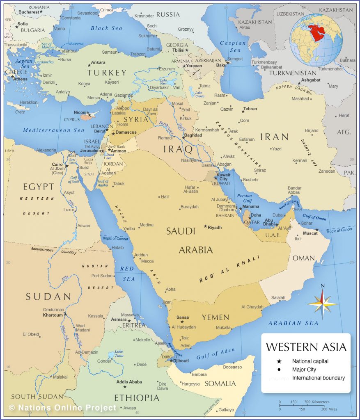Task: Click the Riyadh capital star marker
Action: (x=206, y=226)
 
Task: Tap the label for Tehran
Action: (x=250, y=109)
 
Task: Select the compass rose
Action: (x=322, y=304)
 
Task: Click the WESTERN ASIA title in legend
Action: (x=306, y=347)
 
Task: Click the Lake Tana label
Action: (x=119, y=354)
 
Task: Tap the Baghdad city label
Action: (x=193, y=135)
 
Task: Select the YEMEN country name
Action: (x=215, y=317)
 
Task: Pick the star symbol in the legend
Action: (x=279, y=361)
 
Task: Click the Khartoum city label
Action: (x=53, y=315)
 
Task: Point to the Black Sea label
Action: (x=106, y=28)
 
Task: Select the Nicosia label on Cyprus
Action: (x=82, y=112)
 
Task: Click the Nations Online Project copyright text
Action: (x=62, y=408)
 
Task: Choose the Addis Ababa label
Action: (x=129, y=382)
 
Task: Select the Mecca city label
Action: (x=147, y=261)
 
